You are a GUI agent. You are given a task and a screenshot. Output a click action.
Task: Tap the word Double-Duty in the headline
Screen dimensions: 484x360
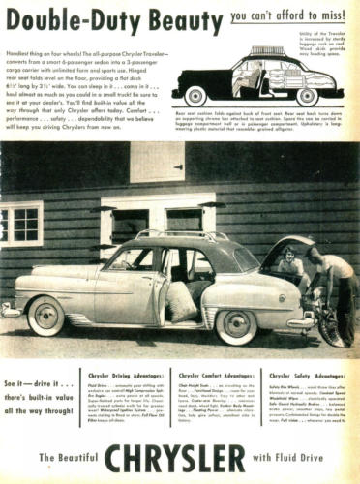click(64, 18)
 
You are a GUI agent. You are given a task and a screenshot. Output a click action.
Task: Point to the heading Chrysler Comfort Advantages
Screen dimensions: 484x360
click(213, 373)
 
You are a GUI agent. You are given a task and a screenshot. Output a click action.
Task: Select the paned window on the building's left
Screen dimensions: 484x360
click(21, 223)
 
